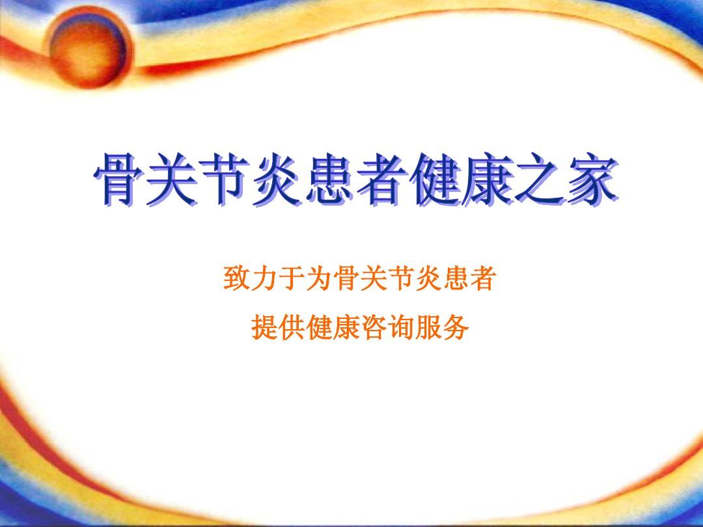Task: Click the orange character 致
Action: pyautogui.click(x=236, y=280)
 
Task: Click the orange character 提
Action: pyautogui.click(x=263, y=329)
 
